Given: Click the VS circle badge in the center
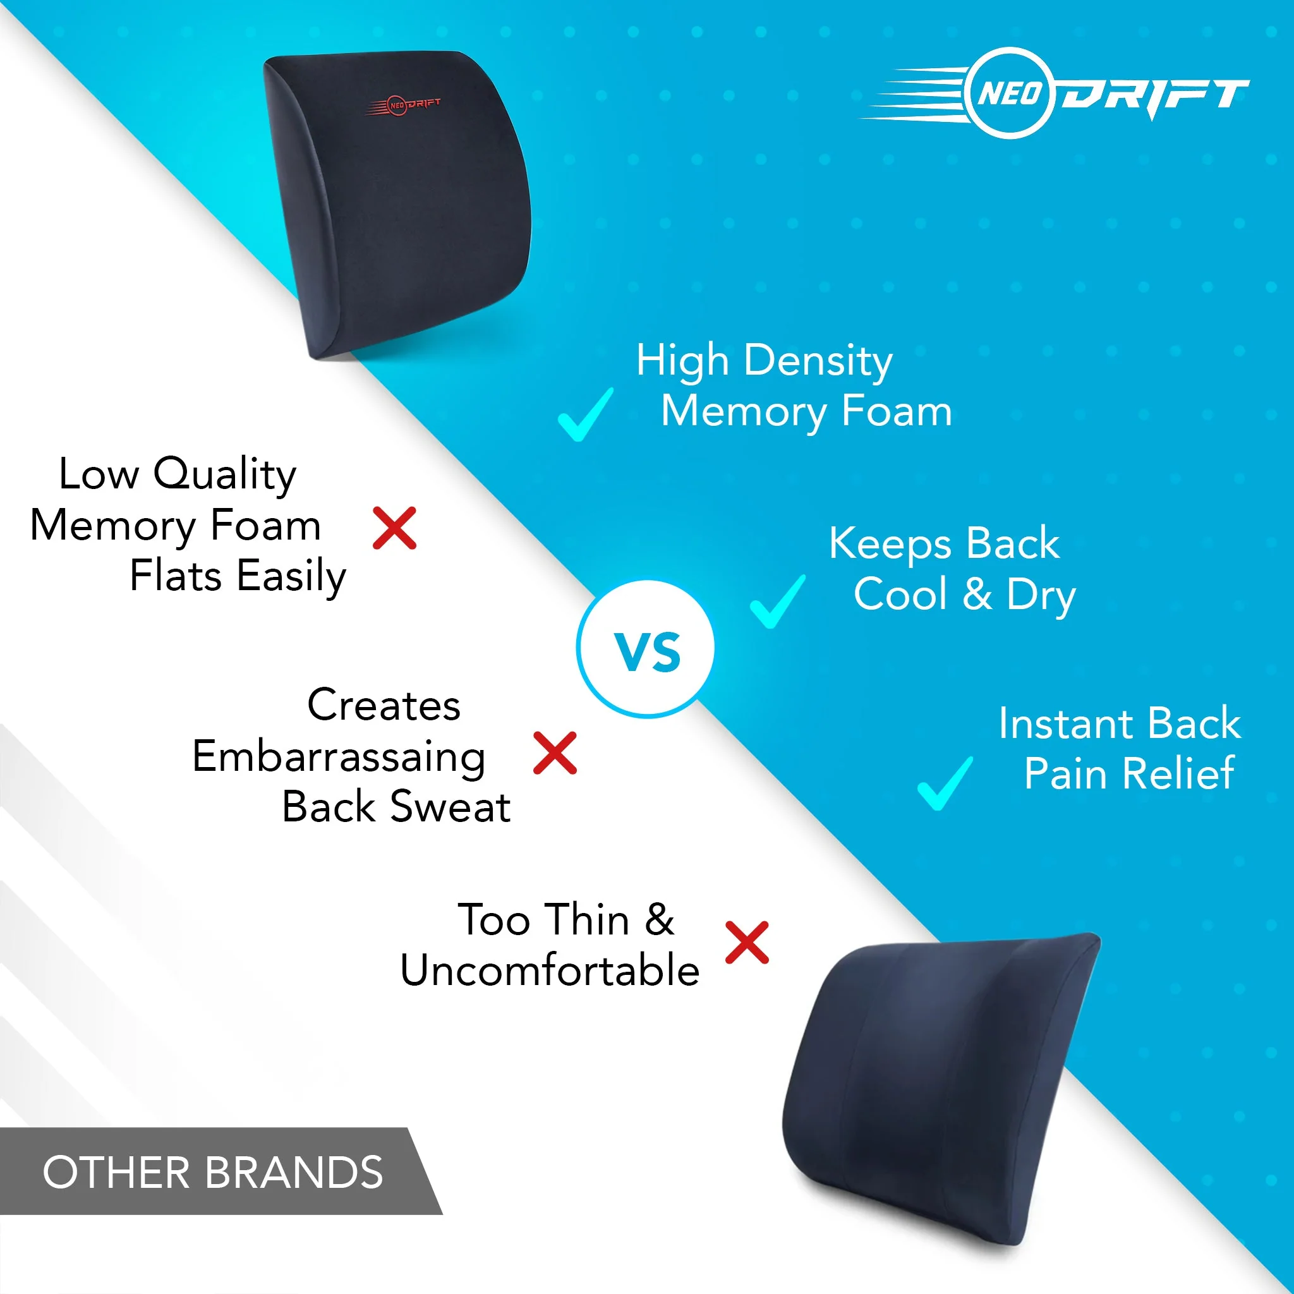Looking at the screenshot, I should click(646, 649).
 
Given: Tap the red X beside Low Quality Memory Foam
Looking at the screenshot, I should click(394, 528).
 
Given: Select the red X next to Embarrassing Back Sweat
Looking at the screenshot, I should click(555, 753).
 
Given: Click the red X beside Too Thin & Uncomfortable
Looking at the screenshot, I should click(747, 942).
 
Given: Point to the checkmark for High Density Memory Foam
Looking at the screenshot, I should click(584, 415).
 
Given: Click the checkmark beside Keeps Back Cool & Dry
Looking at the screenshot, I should click(777, 602).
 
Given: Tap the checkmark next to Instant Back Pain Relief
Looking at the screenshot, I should click(945, 783).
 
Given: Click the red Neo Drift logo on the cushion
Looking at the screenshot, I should click(403, 105).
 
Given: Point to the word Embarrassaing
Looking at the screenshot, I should click(338, 757).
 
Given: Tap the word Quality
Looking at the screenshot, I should click(224, 475).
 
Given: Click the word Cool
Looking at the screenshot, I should click(900, 594).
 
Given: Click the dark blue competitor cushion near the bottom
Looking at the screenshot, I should click(938, 1085).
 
